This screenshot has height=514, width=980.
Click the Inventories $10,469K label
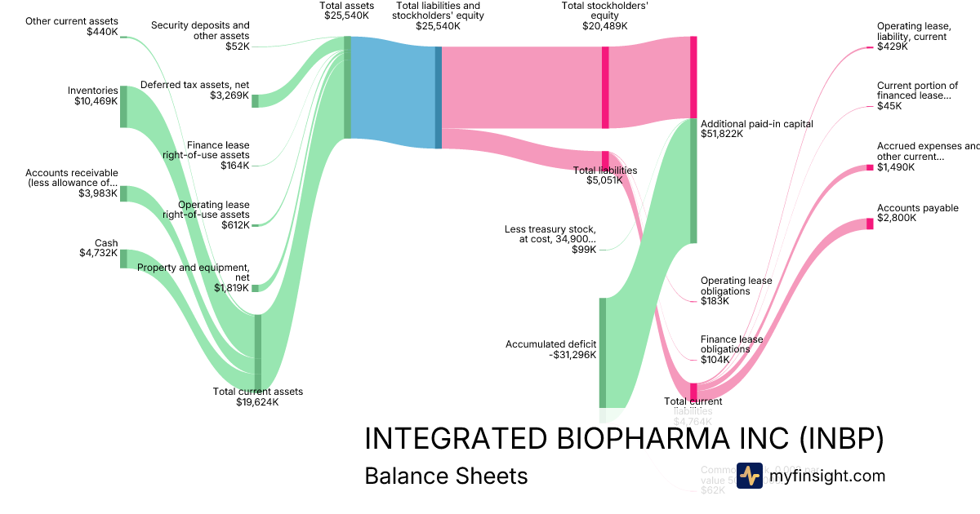93,95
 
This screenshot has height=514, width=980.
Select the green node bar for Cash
124,259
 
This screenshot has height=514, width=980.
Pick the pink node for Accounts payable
870,224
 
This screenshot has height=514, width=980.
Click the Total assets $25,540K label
347,11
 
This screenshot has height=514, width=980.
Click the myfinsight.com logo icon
749,476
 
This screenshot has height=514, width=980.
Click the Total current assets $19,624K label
257,397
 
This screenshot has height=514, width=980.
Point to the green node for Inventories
124,106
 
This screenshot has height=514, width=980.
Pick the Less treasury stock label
550,238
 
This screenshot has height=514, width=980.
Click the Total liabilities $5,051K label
605,175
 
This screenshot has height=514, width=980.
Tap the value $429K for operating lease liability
892,47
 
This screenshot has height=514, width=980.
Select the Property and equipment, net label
193,277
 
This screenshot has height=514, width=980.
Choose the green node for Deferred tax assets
255,100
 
